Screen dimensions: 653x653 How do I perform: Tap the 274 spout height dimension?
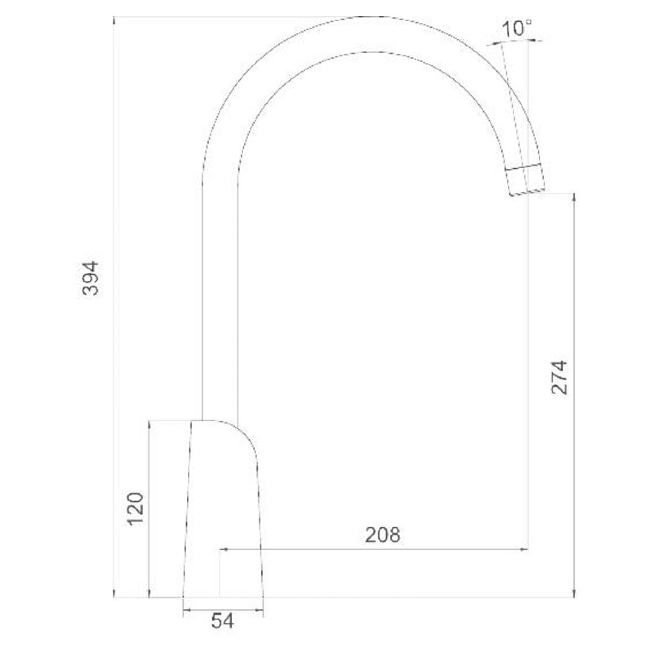pos(559,377)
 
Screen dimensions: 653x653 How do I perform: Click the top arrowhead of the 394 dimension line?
pos(114,20)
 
